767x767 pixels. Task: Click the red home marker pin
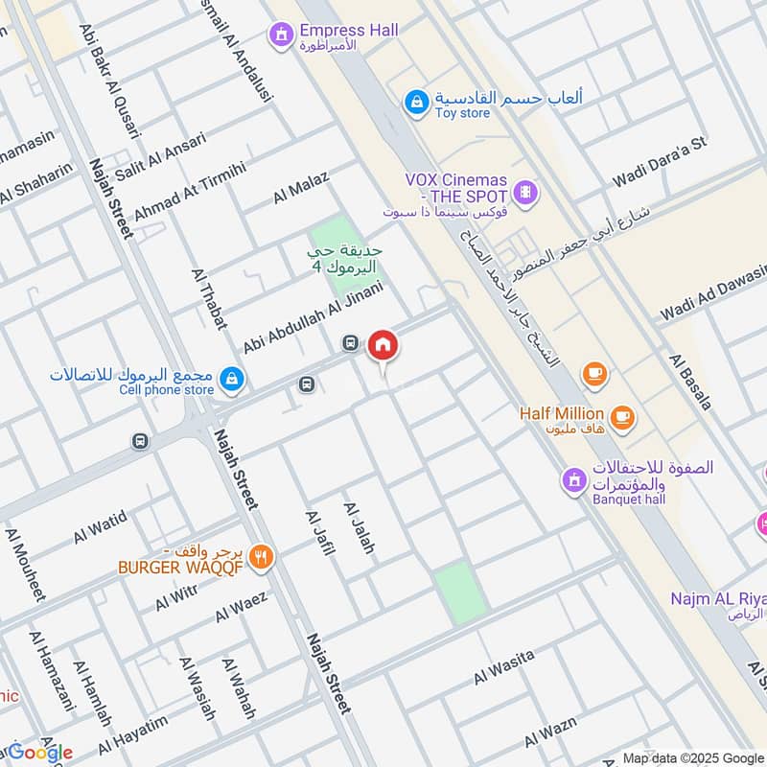(x=383, y=345)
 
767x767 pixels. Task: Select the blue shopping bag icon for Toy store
(x=415, y=101)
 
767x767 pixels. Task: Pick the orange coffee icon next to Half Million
(x=623, y=416)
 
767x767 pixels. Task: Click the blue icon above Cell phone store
(x=230, y=381)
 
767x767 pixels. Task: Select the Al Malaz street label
(x=301, y=187)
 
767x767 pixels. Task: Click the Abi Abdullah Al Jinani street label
(x=314, y=316)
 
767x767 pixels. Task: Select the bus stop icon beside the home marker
(x=351, y=342)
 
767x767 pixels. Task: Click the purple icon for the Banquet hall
(x=573, y=479)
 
